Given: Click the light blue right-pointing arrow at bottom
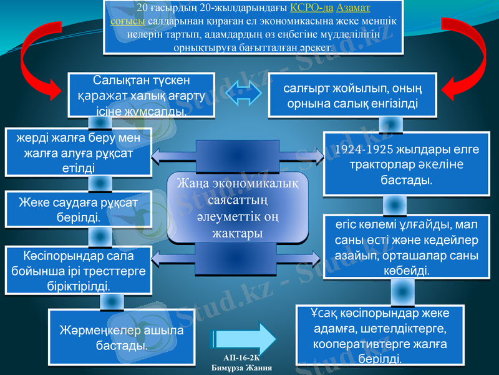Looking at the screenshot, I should point(243,338).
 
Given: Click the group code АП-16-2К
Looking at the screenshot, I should point(241,357).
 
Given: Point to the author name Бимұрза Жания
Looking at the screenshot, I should point(241,367).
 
